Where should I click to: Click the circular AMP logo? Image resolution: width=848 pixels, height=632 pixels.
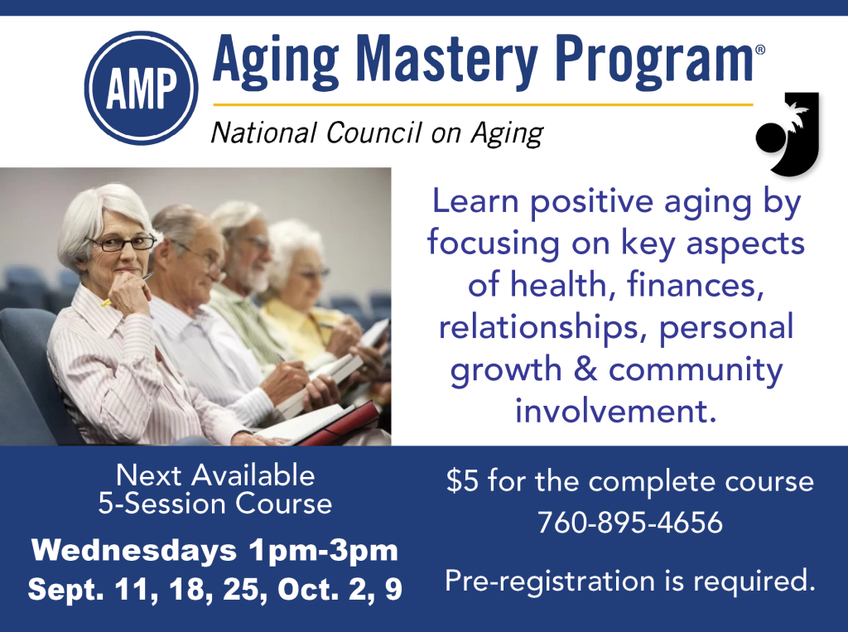[142, 89]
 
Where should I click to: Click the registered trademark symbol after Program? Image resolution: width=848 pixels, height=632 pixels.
[760, 51]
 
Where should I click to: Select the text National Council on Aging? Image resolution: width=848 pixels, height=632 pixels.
[377, 133]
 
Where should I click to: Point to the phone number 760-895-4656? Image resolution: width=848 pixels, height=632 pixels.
[629, 523]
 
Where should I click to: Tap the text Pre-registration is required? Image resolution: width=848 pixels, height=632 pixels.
[629, 581]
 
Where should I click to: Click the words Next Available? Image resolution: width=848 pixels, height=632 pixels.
[215, 475]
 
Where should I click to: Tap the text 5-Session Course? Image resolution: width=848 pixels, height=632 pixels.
[215, 504]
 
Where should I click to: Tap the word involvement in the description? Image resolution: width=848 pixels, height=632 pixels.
[615, 410]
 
